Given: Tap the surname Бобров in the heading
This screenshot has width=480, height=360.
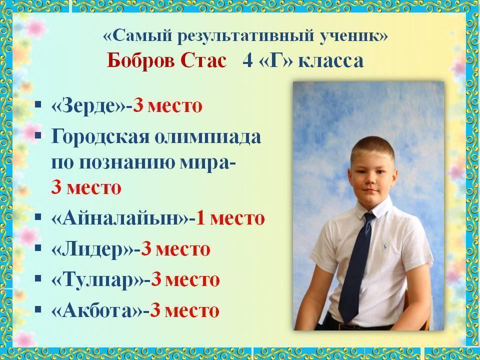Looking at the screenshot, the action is tap(140, 60).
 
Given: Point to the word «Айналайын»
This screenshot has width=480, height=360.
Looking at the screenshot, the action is tap(120, 218).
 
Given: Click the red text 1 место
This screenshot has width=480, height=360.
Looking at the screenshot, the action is tap(230, 218).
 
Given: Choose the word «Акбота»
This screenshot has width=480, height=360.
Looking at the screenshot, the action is tap(97, 310).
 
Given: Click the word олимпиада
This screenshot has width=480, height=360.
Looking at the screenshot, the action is tap(207, 137).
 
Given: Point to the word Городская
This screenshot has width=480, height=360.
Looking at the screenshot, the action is tap(100, 137).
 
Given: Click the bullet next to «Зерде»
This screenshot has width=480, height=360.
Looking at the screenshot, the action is tap(38, 104).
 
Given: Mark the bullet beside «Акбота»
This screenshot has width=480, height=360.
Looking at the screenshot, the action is tap(38, 309).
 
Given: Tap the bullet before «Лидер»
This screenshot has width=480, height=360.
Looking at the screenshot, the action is tap(38, 247).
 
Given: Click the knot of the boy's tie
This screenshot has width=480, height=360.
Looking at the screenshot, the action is tap(370, 216).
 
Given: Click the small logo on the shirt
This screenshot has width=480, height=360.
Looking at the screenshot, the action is tap(385, 246).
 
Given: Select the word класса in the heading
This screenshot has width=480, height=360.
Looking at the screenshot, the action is tap(331, 60).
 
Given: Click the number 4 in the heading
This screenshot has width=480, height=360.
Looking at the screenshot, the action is tap(247, 60).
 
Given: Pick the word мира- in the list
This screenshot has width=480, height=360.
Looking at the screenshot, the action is tap(207, 162).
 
